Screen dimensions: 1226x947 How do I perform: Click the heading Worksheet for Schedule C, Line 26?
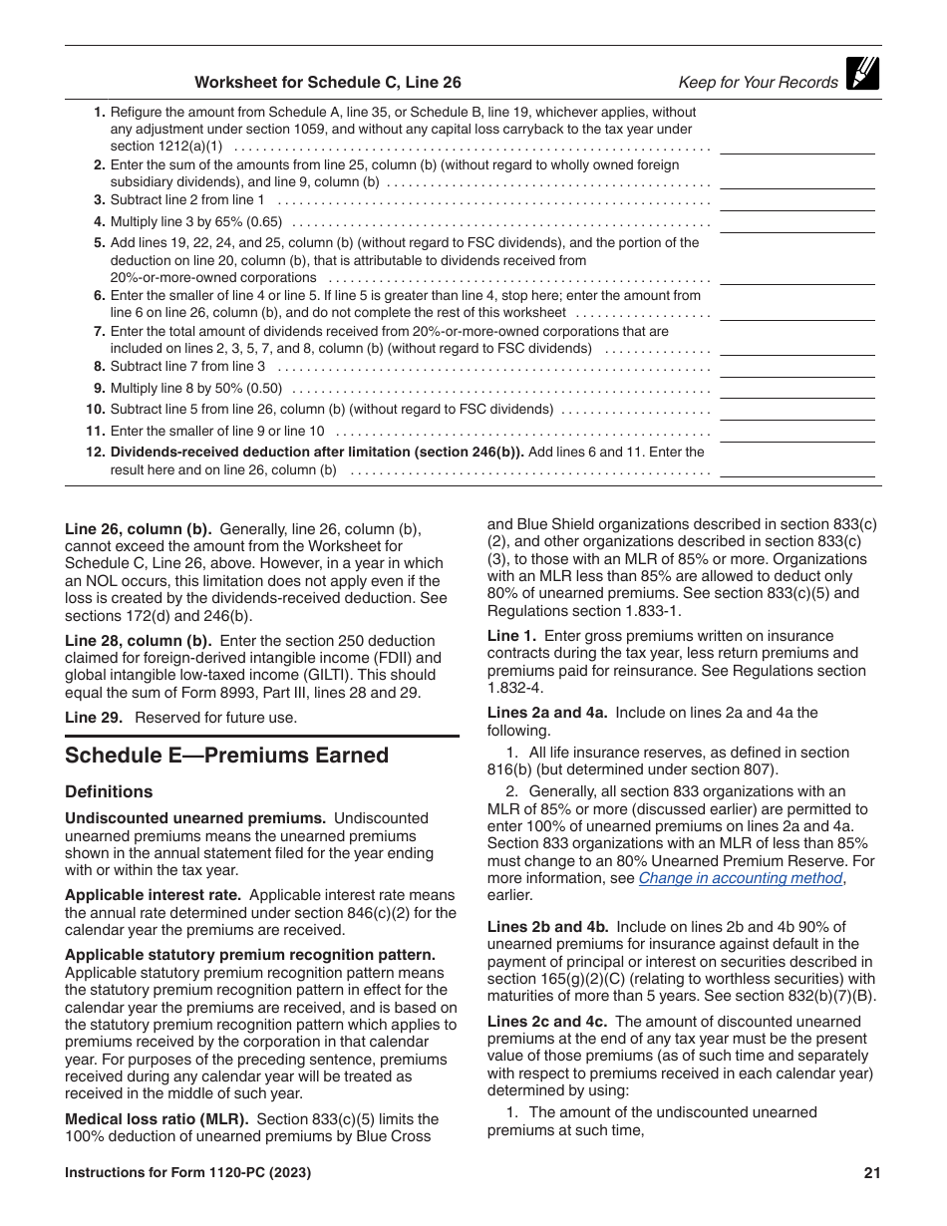(327, 83)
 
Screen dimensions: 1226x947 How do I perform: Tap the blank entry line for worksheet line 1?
(796, 146)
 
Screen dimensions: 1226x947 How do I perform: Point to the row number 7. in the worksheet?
(100, 331)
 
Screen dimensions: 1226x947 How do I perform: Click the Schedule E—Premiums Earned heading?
(226, 756)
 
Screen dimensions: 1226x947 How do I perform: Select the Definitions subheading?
(109, 792)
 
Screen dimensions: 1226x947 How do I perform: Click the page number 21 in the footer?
(872, 1173)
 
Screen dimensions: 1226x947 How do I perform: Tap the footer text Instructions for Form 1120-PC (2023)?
(187, 1173)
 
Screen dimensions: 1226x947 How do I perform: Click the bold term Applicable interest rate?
(150, 895)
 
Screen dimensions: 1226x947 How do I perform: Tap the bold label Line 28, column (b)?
(138, 640)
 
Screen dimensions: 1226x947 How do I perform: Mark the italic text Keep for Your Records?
(758, 83)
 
